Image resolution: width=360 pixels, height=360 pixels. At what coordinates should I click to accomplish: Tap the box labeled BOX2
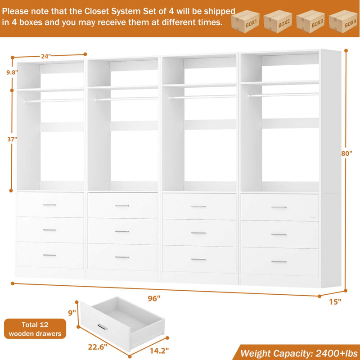coord(278,20)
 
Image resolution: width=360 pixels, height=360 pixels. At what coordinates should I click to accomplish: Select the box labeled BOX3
coord(310,20)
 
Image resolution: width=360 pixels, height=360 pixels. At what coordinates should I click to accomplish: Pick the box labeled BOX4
coord(342,20)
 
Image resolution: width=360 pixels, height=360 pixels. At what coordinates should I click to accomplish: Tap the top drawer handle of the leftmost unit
coord(49,205)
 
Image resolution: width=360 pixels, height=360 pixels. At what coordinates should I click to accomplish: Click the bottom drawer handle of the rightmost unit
coord(279,261)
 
